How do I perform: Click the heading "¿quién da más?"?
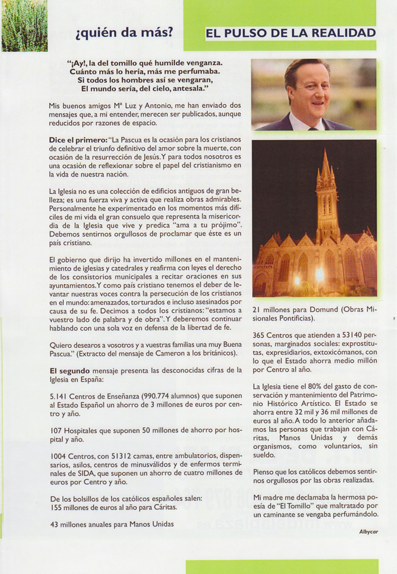124,33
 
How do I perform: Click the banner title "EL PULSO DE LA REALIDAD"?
291,33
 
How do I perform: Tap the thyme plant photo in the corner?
24,25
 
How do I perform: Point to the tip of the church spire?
325,150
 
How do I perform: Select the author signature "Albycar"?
368,532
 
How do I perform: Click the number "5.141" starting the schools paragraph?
59,395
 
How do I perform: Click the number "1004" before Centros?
59,456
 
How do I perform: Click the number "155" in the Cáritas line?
57,507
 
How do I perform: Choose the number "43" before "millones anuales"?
54,524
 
